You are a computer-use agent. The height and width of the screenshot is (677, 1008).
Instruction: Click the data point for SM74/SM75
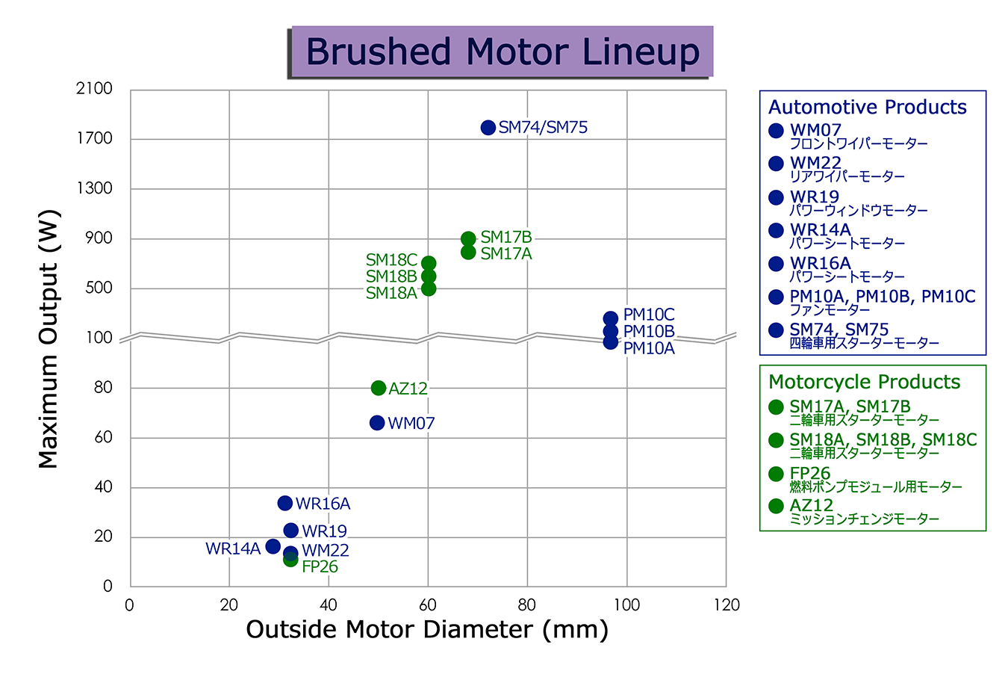[488, 128]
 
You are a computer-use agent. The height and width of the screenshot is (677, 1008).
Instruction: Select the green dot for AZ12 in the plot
[379, 388]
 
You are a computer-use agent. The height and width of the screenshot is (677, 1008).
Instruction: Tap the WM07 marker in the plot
[377, 423]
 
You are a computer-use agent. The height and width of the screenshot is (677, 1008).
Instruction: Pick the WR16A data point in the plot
[284, 503]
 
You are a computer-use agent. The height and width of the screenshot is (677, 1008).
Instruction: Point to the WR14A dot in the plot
[273, 546]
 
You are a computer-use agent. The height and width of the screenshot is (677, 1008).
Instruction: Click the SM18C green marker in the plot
[429, 263]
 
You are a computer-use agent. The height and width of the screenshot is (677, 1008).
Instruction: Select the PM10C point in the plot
[610, 319]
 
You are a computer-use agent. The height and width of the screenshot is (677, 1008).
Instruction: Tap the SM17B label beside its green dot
[506, 237]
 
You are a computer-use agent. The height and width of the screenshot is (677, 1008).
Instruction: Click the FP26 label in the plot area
[320, 566]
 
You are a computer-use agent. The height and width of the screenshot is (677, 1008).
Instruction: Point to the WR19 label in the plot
[325, 531]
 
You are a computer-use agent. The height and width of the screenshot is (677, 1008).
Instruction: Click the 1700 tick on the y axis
[95, 138]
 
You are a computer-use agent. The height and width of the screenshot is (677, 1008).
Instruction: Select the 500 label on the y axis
[99, 288]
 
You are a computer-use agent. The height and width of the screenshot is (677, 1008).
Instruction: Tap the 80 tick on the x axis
[527, 605]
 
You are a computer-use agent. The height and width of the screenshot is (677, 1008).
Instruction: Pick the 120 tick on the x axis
[727, 605]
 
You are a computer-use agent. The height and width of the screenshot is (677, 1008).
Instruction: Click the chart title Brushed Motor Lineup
[503, 52]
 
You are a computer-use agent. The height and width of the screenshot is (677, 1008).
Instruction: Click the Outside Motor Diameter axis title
[427, 630]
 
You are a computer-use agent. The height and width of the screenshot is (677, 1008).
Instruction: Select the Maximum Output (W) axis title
[49, 338]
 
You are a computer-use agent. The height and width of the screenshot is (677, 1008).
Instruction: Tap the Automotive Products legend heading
[867, 107]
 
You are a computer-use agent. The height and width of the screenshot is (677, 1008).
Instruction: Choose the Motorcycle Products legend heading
[864, 382]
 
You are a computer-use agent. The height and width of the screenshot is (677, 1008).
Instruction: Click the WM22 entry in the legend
[815, 163]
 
